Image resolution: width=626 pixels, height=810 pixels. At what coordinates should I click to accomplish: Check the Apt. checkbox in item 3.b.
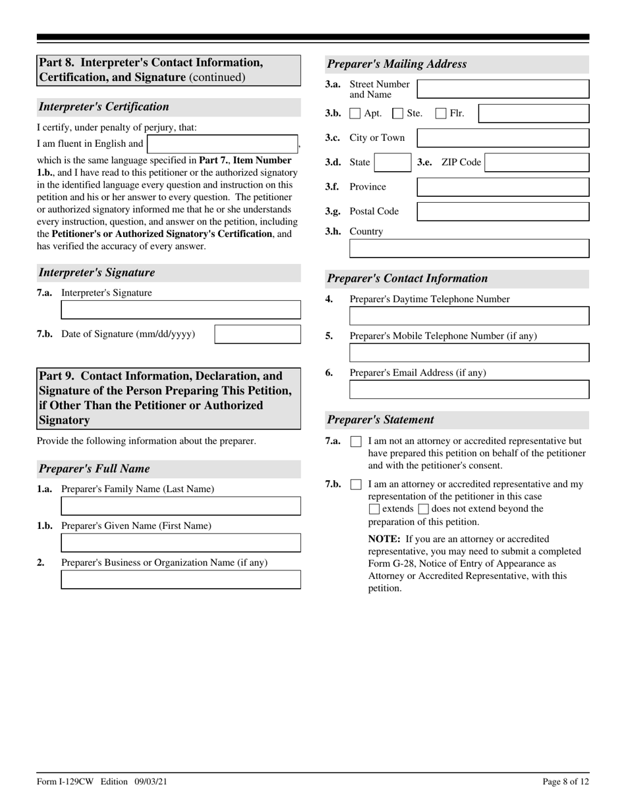click(355, 113)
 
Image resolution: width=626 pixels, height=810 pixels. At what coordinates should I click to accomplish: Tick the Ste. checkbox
click(397, 113)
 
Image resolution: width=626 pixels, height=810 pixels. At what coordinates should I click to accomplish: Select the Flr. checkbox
click(441, 113)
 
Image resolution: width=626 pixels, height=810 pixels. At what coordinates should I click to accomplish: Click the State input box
click(393, 163)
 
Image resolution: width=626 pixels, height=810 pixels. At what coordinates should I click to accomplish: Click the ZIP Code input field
click(536, 163)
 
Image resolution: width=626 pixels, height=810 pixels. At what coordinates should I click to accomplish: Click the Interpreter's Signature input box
click(181, 310)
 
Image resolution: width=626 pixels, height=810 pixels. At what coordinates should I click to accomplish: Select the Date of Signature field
click(258, 334)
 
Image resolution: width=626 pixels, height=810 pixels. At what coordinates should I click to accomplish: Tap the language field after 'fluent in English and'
click(223, 144)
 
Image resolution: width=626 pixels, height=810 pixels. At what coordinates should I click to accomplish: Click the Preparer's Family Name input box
click(181, 506)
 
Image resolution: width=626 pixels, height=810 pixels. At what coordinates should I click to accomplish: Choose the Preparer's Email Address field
click(469, 389)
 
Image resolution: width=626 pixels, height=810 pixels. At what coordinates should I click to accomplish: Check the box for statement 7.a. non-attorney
click(356, 441)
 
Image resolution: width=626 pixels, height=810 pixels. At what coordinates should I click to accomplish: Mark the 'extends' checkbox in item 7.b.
click(374, 509)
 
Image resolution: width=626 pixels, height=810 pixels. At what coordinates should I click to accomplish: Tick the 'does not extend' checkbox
click(423, 509)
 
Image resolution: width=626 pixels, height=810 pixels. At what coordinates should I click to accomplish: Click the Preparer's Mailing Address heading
click(397, 64)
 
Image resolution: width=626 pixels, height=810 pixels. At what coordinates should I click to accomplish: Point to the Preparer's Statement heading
click(380, 419)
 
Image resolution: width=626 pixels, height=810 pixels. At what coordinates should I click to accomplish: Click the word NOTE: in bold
click(384, 539)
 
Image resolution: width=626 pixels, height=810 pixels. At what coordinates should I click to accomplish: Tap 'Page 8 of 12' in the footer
click(565, 782)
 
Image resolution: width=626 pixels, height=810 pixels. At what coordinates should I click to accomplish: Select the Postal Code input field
click(503, 211)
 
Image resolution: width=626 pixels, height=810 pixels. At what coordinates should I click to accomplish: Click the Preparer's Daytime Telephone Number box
click(469, 316)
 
